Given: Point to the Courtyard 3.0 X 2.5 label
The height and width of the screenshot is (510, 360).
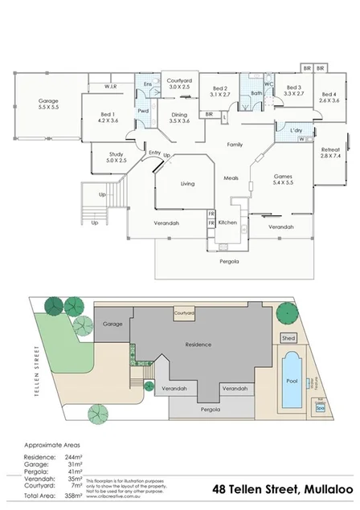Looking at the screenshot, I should click(x=178, y=85).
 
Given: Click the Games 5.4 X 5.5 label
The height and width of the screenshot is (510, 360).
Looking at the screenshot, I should click(x=283, y=179).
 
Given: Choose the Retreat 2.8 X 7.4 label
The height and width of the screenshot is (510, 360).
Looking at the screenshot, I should click(x=330, y=153).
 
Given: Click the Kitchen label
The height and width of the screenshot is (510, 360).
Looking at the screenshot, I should click(x=227, y=222).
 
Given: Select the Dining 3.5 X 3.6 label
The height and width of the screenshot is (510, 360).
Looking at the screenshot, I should click(x=180, y=117).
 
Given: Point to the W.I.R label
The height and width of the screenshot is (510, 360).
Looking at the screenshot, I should click(x=111, y=86).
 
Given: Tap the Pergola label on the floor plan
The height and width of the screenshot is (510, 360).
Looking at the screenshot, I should click(x=230, y=261).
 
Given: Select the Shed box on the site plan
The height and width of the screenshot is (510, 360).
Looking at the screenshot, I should click(x=288, y=338).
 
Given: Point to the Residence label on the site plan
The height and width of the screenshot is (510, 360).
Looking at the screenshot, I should click(x=198, y=345).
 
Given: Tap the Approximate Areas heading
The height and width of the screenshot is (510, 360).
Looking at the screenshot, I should click(x=52, y=443).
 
